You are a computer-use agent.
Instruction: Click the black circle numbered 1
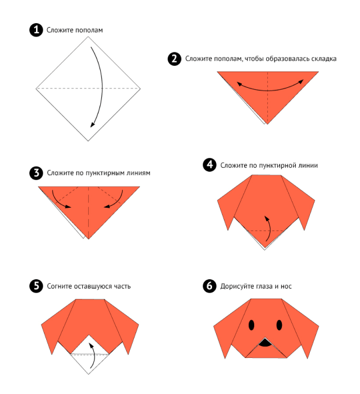coord(36,30)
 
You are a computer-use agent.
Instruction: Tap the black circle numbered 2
coord(174,59)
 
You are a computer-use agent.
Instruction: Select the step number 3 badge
coord(36,173)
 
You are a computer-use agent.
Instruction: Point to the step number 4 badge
coord(210,165)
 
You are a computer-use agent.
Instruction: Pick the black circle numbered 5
coord(36,286)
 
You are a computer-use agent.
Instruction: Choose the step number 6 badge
coord(210,286)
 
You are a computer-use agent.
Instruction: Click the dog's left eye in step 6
coord(251,325)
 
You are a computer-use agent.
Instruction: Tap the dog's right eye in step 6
coord(279,325)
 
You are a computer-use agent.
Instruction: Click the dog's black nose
coord(265,343)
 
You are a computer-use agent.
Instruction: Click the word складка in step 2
coord(324,59)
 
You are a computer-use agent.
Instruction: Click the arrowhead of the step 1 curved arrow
coord(92,124)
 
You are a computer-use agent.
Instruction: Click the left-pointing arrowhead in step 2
coord(239,84)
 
